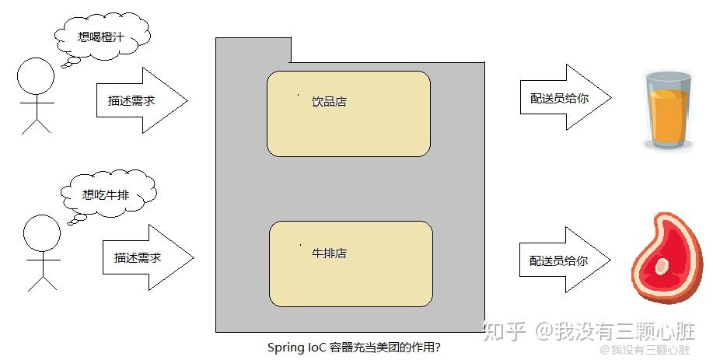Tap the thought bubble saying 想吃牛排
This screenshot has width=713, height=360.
point(107,194)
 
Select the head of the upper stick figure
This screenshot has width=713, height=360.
point(36,79)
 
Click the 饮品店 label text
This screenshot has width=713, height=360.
point(329,102)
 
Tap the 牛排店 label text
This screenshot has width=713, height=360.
point(329,253)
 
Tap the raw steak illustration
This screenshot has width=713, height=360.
point(662,260)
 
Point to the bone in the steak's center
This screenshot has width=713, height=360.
point(662,266)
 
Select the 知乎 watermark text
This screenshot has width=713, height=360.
point(503,332)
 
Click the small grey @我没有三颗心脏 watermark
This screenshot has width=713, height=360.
point(651,350)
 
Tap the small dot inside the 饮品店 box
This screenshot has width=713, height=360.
point(299,95)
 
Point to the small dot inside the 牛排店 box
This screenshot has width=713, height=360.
point(301,246)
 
